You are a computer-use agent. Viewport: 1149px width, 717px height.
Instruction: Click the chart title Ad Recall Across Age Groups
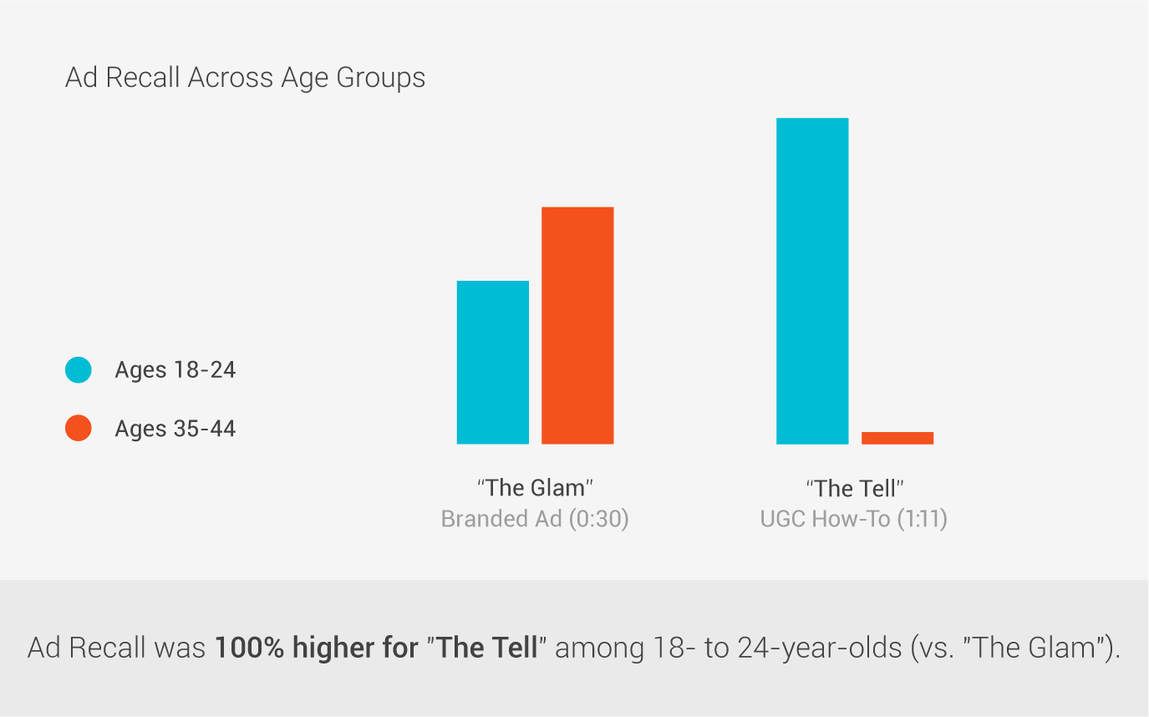pos(245,78)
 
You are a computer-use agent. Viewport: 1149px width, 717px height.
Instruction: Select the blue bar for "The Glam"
pos(493,362)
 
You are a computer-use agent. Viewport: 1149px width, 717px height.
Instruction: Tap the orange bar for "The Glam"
pos(577,325)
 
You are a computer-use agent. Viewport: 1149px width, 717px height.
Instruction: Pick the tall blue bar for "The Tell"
pos(812,281)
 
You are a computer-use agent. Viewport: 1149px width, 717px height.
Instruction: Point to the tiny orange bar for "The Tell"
pos(897,438)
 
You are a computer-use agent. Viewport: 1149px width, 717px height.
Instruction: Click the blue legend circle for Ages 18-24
pos(78,370)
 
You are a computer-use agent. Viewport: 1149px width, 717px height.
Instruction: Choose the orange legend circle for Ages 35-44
pos(78,429)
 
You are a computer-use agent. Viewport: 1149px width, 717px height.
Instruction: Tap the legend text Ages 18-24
pos(175,370)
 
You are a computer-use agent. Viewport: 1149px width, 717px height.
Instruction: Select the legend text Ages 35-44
pos(175,429)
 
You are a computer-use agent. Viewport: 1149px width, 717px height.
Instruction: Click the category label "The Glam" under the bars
pos(535,488)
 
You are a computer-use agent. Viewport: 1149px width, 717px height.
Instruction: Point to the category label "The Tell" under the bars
pos(854,488)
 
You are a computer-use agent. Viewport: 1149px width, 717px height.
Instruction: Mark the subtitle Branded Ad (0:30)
pos(535,519)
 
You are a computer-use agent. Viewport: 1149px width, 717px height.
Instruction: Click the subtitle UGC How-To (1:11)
pos(854,519)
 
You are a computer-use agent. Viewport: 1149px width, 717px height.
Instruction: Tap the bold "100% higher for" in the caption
pos(315,648)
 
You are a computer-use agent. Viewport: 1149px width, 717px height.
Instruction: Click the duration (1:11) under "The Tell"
pos(923,519)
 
